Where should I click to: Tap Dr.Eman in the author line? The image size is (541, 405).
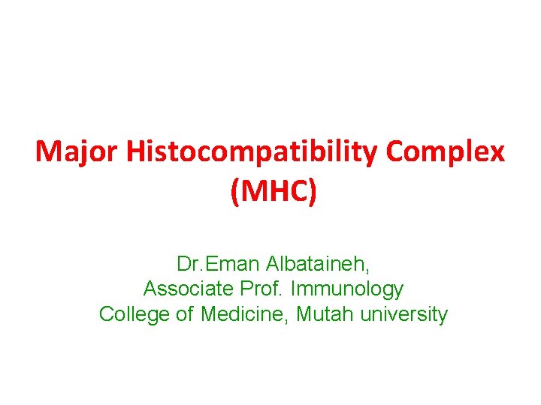click(x=217, y=264)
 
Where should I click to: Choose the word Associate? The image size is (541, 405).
click(x=187, y=289)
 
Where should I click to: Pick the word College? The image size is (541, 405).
click(x=134, y=314)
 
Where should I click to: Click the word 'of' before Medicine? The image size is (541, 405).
click(x=185, y=314)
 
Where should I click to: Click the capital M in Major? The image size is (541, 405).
click(x=47, y=153)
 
